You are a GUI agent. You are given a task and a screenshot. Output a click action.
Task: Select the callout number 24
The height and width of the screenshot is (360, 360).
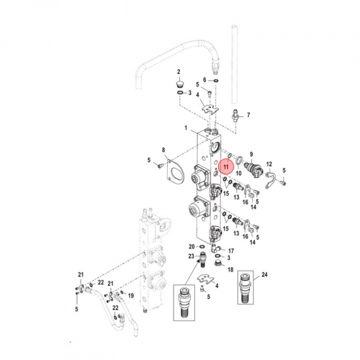(x=264, y=274)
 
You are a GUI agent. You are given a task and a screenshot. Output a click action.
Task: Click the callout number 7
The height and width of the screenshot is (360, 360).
(x=248, y=115)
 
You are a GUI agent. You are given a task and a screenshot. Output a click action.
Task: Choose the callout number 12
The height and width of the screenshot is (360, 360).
(x=268, y=164)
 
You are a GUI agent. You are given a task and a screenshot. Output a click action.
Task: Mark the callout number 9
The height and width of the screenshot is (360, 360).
(x=251, y=154)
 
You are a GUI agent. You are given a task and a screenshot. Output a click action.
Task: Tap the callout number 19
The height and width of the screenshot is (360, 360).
(x=131, y=295)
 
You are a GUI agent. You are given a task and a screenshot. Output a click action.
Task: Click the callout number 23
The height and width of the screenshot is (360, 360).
(x=191, y=256)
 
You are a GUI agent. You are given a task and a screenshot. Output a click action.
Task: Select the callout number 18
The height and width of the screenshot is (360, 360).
(x=230, y=269)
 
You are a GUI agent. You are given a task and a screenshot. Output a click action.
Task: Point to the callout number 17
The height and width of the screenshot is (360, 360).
(x=231, y=250)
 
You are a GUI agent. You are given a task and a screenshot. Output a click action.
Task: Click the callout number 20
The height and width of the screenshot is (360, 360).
(x=191, y=246)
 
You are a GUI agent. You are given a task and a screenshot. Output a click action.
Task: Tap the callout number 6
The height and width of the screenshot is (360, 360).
(x=204, y=80)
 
